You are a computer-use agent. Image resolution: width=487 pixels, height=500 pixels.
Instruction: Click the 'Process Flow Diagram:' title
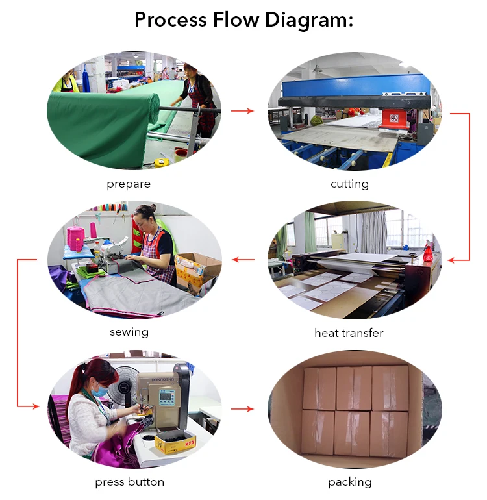click(x=243, y=19)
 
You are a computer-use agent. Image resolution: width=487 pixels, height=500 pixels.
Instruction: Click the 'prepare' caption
click(x=129, y=184)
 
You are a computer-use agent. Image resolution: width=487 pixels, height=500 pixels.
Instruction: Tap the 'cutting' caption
click(x=349, y=184)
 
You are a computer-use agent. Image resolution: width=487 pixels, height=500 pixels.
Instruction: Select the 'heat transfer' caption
click(x=349, y=333)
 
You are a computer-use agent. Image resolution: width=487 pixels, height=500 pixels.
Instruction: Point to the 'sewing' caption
click(x=129, y=332)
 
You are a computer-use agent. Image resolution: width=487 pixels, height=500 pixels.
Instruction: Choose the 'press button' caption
click(x=129, y=482)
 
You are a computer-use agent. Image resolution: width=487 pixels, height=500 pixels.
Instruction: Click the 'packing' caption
click(x=349, y=482)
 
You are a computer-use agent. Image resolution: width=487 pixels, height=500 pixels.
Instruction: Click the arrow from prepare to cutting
click(x=243, y=111)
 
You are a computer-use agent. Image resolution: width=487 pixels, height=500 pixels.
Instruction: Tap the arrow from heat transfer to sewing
click(x=243, y=260)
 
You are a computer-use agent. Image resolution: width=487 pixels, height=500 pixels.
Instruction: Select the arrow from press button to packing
click(x=243, y=409)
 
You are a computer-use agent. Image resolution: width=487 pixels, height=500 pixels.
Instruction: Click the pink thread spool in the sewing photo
click(x=76, y=238)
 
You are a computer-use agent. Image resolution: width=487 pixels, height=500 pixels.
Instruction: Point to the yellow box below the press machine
click(x=170, y=444)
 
